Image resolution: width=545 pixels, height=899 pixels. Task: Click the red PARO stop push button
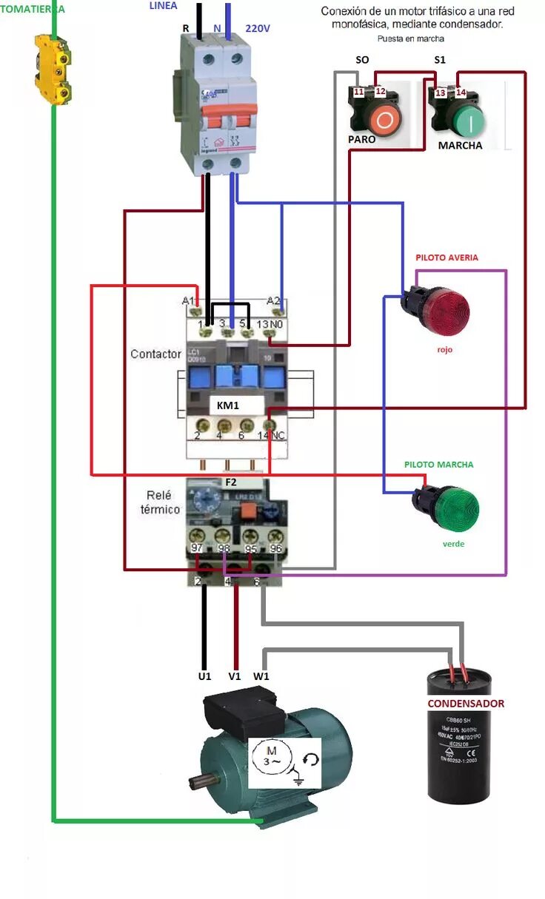[384, 118]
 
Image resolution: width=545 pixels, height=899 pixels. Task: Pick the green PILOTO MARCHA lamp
[451, 508]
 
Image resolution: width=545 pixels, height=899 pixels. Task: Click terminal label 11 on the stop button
[358, 92]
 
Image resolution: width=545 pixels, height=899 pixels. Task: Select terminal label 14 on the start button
[460, 92]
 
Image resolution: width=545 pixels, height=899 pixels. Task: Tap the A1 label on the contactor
[188, 301]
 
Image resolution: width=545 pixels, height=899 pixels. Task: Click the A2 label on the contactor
[273, 301]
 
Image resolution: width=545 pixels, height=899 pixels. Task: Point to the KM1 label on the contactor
[229, 405]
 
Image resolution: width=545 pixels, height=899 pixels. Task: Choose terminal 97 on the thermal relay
[197, 548]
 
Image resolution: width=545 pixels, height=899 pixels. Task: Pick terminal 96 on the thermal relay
[276, 548]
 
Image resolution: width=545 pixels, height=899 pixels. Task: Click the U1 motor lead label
[204, 676]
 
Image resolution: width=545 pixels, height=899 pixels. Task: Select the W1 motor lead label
[261, 676]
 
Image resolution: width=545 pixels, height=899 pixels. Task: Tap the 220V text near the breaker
[257, 28]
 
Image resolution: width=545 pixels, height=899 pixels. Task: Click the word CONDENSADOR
[466, 704]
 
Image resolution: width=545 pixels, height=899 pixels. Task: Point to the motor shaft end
[195, 781]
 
